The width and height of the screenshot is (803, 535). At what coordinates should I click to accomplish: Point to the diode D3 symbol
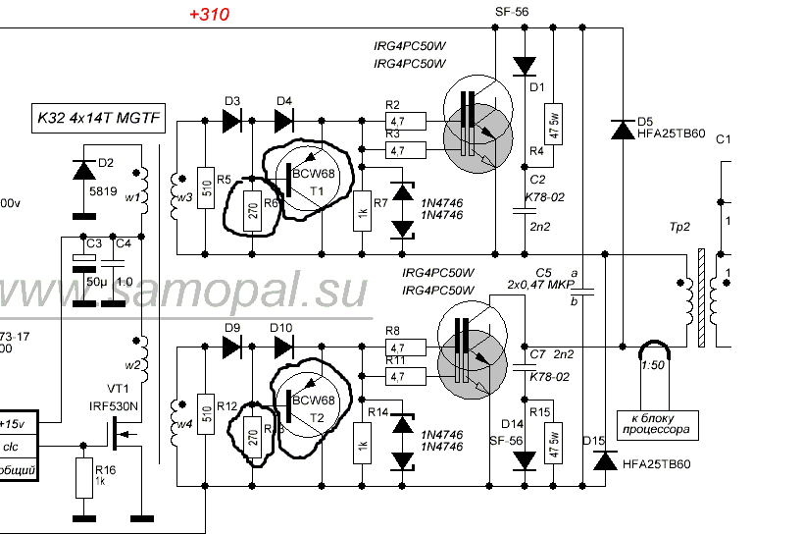(232, 121)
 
